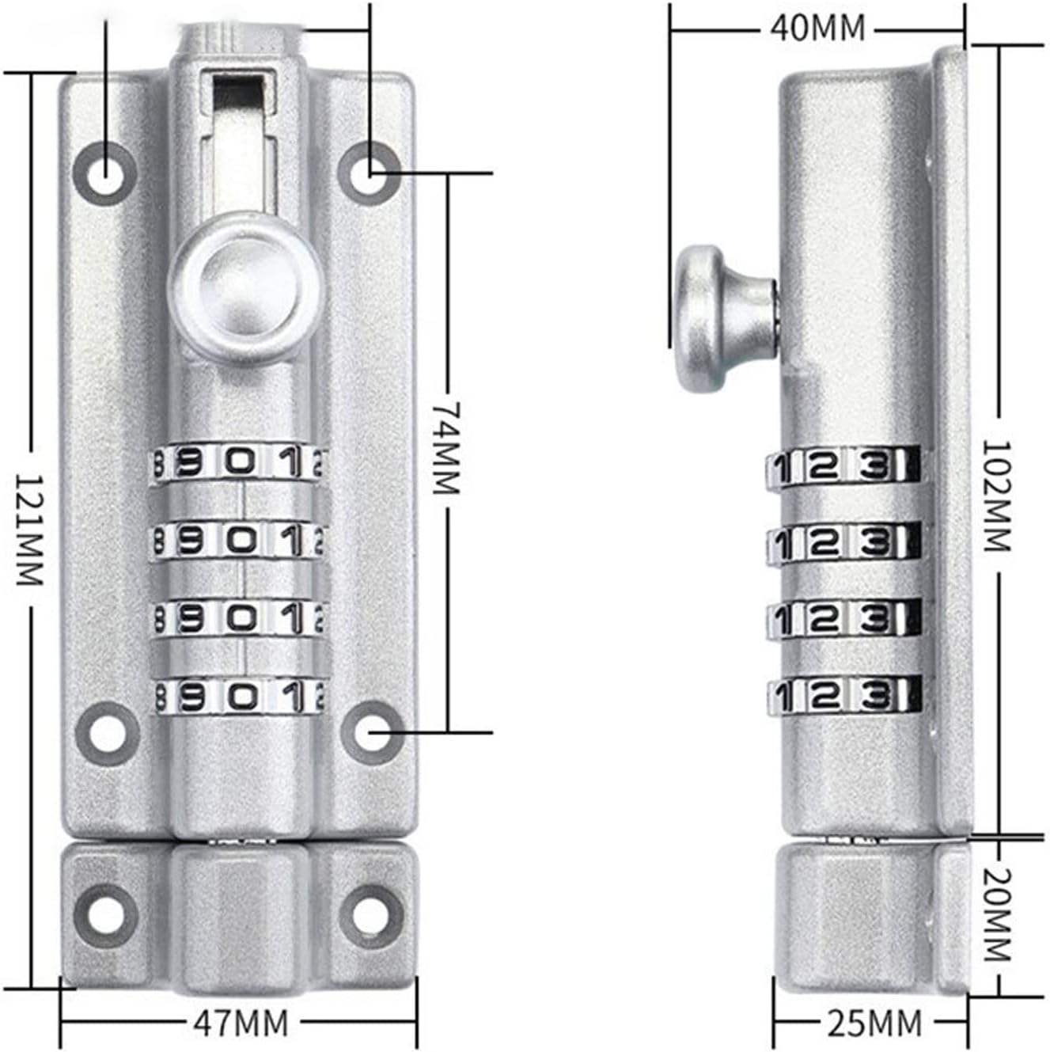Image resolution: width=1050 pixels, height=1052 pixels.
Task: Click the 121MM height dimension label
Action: click(28, 530)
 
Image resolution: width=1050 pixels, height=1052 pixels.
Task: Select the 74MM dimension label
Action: click(446, 446)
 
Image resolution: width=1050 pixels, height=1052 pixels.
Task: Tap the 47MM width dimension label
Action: click(241, 1024)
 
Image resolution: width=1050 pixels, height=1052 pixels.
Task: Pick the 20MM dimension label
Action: click(997, 914)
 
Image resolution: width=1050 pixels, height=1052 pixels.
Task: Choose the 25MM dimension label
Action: click(874, 1024)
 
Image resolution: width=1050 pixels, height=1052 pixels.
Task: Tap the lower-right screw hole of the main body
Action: click(372, 732)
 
